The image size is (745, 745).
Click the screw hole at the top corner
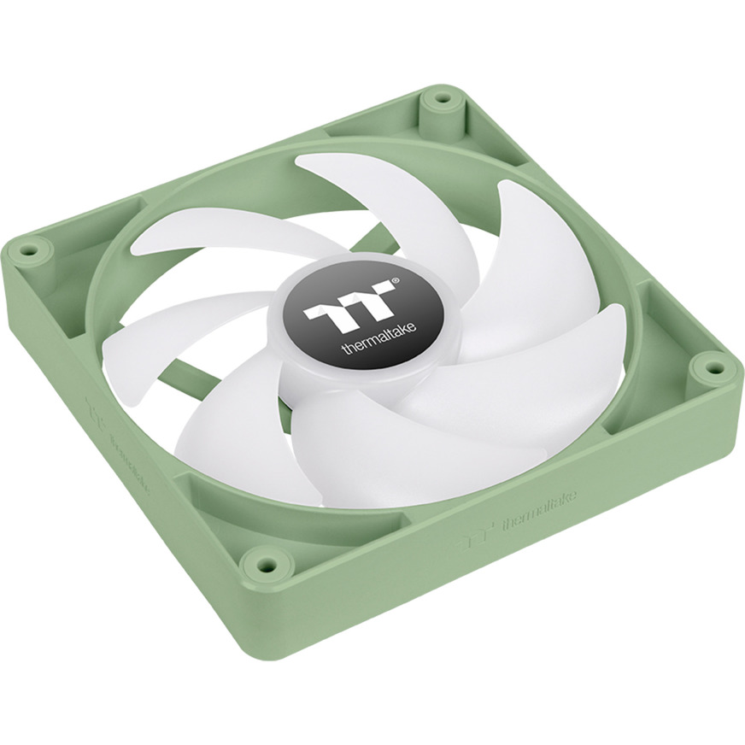(x=442, y=98)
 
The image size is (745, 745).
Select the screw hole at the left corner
(x=32, y=251)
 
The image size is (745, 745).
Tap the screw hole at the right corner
(x=708, y=368)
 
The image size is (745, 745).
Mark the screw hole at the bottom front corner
(x=263, y=564)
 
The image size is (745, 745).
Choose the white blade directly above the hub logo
(x=402, y=205)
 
